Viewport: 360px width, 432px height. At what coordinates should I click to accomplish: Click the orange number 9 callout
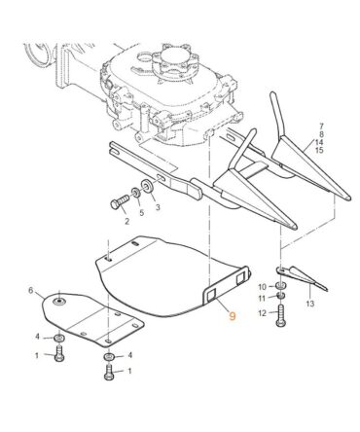click(233, 315)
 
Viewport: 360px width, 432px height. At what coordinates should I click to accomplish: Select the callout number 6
click(31, 290)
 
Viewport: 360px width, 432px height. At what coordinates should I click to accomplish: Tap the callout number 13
click(310, 304)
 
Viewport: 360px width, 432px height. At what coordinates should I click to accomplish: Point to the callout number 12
click(263, 313)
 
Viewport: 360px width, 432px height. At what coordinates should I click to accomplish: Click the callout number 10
click(263, 287)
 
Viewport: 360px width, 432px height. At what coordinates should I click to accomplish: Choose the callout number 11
click(263, 298)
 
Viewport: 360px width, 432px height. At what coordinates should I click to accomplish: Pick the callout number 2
click(126, 222)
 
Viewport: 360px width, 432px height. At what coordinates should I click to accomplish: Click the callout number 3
click(158, 207)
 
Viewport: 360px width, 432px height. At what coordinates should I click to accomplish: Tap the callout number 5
click(142, 213)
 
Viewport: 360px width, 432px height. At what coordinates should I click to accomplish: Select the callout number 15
click(319, 150)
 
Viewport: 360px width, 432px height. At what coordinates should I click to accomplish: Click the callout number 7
click(321, 126)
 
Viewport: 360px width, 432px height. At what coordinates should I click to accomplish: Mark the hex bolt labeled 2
click(120, 202)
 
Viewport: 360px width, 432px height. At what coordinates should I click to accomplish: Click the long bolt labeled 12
click(280, 315)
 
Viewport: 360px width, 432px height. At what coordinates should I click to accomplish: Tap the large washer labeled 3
click(149, 186)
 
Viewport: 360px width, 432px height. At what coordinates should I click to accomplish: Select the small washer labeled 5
click(136, 193)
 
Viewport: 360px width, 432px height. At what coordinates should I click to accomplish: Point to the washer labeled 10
click(280, 286)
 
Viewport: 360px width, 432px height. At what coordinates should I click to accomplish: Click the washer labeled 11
click(281, 296)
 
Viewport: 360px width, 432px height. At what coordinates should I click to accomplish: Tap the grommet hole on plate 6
click(59, 302)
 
